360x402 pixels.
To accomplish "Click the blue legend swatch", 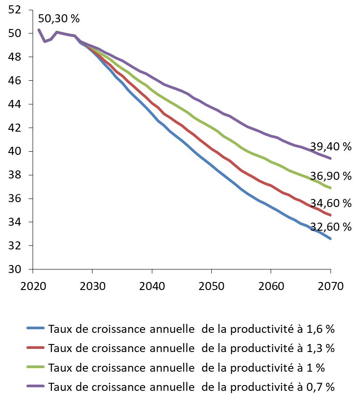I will click(x=35, y=328).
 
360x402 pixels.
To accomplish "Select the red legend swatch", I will click(x=35, y=348).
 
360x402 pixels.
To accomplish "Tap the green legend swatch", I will click(x=35, y=367).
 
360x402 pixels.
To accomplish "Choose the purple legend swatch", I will click(x=35, y=386).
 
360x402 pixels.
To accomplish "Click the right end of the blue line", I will click(x=331, y=239).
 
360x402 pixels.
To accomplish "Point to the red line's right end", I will click(x=331, y=215).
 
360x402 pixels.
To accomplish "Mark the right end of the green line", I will click(x=331, y=188).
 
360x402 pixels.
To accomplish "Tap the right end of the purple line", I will click(x=331, y=158).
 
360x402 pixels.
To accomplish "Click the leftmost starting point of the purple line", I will click(x=39, y=30).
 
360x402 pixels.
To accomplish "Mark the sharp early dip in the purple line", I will click(x=45, y=41).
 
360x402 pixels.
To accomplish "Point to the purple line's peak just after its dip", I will click(x=57, y=32).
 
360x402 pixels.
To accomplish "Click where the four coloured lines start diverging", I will click(x=80, y=41).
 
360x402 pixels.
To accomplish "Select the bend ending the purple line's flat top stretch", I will click(x=74, y=36).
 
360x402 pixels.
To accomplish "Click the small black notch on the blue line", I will click(x=315, y=230).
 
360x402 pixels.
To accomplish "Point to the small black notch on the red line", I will click(x=313, y=205).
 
